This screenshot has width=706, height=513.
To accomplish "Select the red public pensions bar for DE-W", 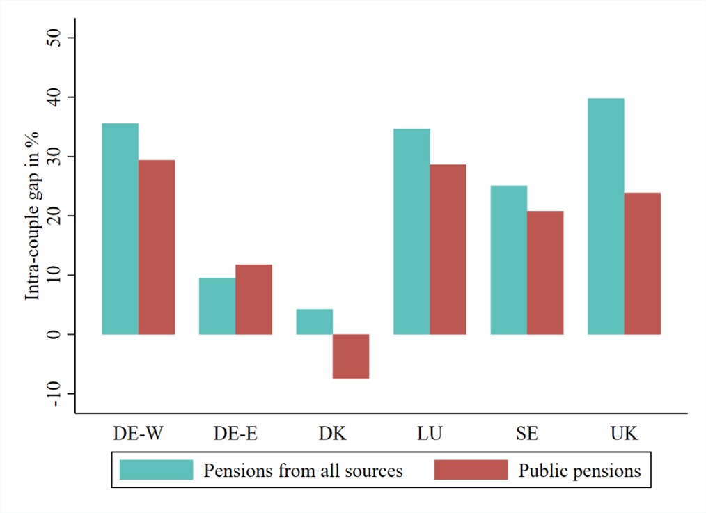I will [157, 247].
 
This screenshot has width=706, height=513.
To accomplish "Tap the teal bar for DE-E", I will [217, 306].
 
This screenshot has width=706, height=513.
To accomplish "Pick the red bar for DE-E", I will [253, 299].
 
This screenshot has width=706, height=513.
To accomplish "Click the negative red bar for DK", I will [351, 356].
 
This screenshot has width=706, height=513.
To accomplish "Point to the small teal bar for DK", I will [315, 322].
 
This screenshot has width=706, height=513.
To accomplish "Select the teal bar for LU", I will [411, 231].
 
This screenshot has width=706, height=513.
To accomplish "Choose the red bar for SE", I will [545, 272].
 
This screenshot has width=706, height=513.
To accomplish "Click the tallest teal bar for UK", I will [606, 216].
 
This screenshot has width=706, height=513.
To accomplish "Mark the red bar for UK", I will [642, 263].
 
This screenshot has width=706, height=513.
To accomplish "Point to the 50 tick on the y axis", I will [54, 37].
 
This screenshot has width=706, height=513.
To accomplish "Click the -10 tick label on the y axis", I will [54, 393].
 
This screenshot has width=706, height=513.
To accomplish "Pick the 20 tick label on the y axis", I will [54, 215].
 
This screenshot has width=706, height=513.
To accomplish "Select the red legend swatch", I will [471, 470].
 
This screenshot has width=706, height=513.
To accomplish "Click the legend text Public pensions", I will [579, 471].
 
